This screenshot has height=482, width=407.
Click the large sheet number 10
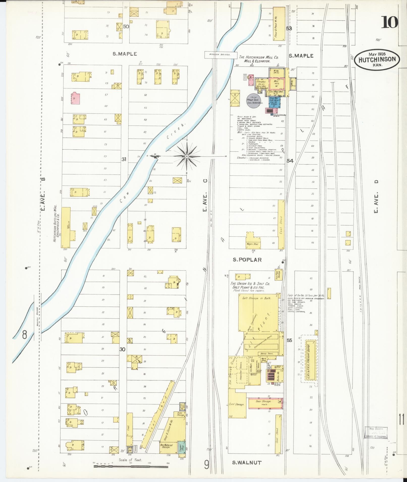389,22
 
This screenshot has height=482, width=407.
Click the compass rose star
186,156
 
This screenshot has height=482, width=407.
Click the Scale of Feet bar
131,466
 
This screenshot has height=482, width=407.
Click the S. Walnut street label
247,462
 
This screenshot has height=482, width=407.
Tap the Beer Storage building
265,403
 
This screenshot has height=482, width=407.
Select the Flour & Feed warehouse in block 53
279,24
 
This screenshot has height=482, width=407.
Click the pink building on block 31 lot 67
76,98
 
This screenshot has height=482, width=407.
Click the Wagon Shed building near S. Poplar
252,241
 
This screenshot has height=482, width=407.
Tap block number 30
122,349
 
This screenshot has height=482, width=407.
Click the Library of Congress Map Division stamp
376,433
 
